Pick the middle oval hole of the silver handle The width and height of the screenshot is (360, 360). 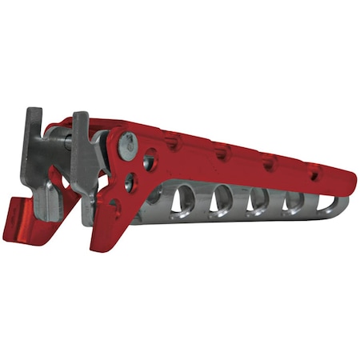coord(257,202)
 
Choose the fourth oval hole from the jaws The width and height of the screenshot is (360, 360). coord(293,203)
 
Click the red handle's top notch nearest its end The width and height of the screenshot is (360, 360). coord(314,170)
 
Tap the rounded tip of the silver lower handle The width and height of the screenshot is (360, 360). coord(344,206)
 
